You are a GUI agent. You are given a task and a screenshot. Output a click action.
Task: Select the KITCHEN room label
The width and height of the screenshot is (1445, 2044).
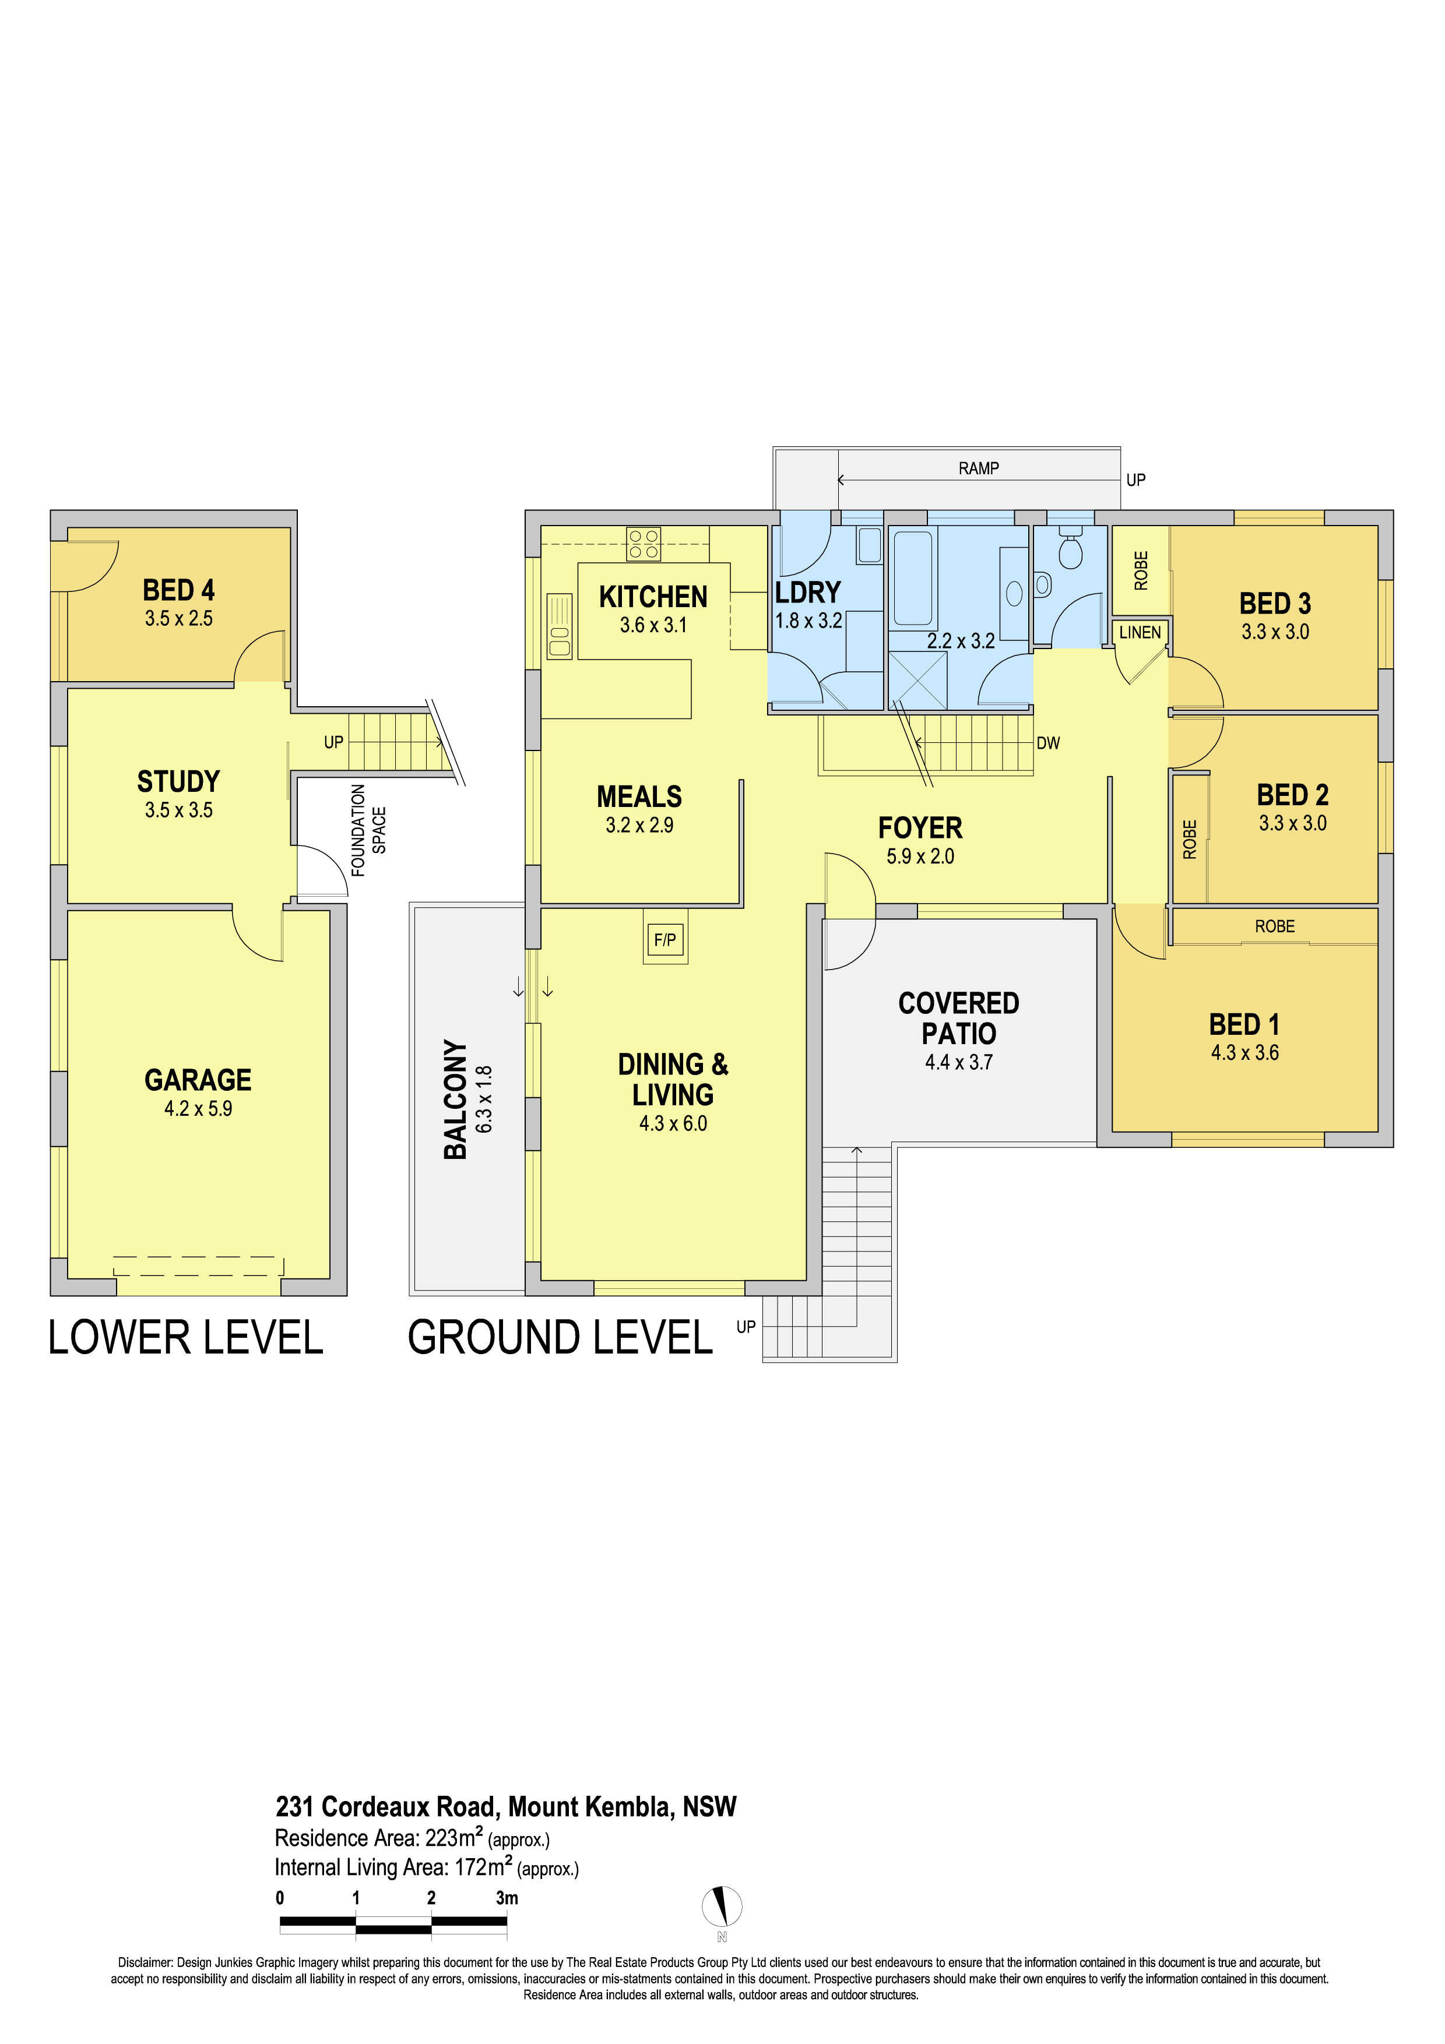pyautogui.click(x=653, y=597)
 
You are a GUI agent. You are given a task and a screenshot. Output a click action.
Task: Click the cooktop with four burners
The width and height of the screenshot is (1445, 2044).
pyautogui.click(x=644, y=544)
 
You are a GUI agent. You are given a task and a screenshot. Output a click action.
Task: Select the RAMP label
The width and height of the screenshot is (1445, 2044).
pyautogui.click(x=979, y=468)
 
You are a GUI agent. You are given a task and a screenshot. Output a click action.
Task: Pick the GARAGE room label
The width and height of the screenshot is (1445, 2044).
pyautogui.click(x=198, y=1080)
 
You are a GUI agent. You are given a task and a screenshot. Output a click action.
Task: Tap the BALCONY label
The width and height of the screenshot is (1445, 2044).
pyautogui.click(x=455, y=1099)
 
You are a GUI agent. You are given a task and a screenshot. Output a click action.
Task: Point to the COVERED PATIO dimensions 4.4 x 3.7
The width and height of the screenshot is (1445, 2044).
pyautogui.click(x=959, y=1062)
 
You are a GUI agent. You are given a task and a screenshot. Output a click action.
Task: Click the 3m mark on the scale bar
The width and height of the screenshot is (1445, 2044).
pyautogui.click(x=507, y=1897)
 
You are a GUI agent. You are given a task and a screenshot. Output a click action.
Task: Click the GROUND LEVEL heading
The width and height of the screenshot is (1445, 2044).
pyautogui.click(x=560, y=1337)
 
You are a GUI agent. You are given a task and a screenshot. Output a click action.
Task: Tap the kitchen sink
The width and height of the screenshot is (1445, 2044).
pyautogui.click(x=559, y=626)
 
